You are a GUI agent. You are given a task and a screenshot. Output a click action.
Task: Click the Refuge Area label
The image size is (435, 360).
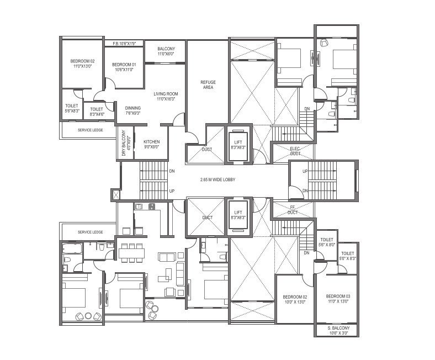(208, 84)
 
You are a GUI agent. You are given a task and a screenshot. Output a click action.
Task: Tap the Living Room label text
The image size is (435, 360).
(166, 96)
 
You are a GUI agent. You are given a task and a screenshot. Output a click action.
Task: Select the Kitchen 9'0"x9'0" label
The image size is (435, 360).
(151, 144)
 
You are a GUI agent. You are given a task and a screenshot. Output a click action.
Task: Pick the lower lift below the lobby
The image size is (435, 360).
(238, 215)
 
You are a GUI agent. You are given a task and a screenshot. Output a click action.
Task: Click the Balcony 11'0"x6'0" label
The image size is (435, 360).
(166, 51)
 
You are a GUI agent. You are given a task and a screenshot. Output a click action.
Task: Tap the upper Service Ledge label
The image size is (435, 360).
(91, 130)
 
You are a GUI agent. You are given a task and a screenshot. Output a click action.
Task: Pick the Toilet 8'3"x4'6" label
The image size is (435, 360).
(97, 112)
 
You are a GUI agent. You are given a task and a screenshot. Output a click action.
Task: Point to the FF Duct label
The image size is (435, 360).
(293, 209)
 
